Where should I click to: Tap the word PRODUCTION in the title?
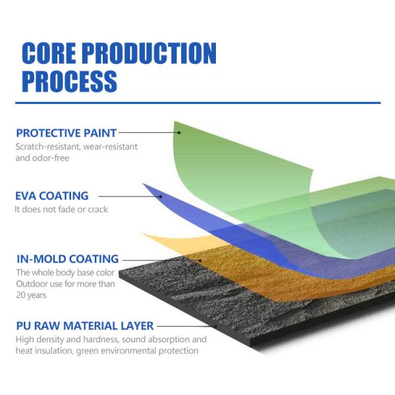click(x=158, y=53)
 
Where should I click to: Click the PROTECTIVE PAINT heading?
click(x=66, y=132)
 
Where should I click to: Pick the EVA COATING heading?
click(x=51, y=196)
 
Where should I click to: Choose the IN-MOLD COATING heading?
click(x=67, y=259)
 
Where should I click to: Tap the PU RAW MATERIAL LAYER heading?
click(x=84, y=325)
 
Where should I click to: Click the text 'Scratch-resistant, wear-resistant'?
click(x=76, y=146)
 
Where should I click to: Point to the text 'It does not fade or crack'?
click(x=61, y=209)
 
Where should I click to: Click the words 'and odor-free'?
click(x=42, y=158)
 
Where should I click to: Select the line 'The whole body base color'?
click(x=65, y=273)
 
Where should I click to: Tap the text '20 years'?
click(x=31, y=296)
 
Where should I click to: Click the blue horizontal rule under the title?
click(x=197, y=103)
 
